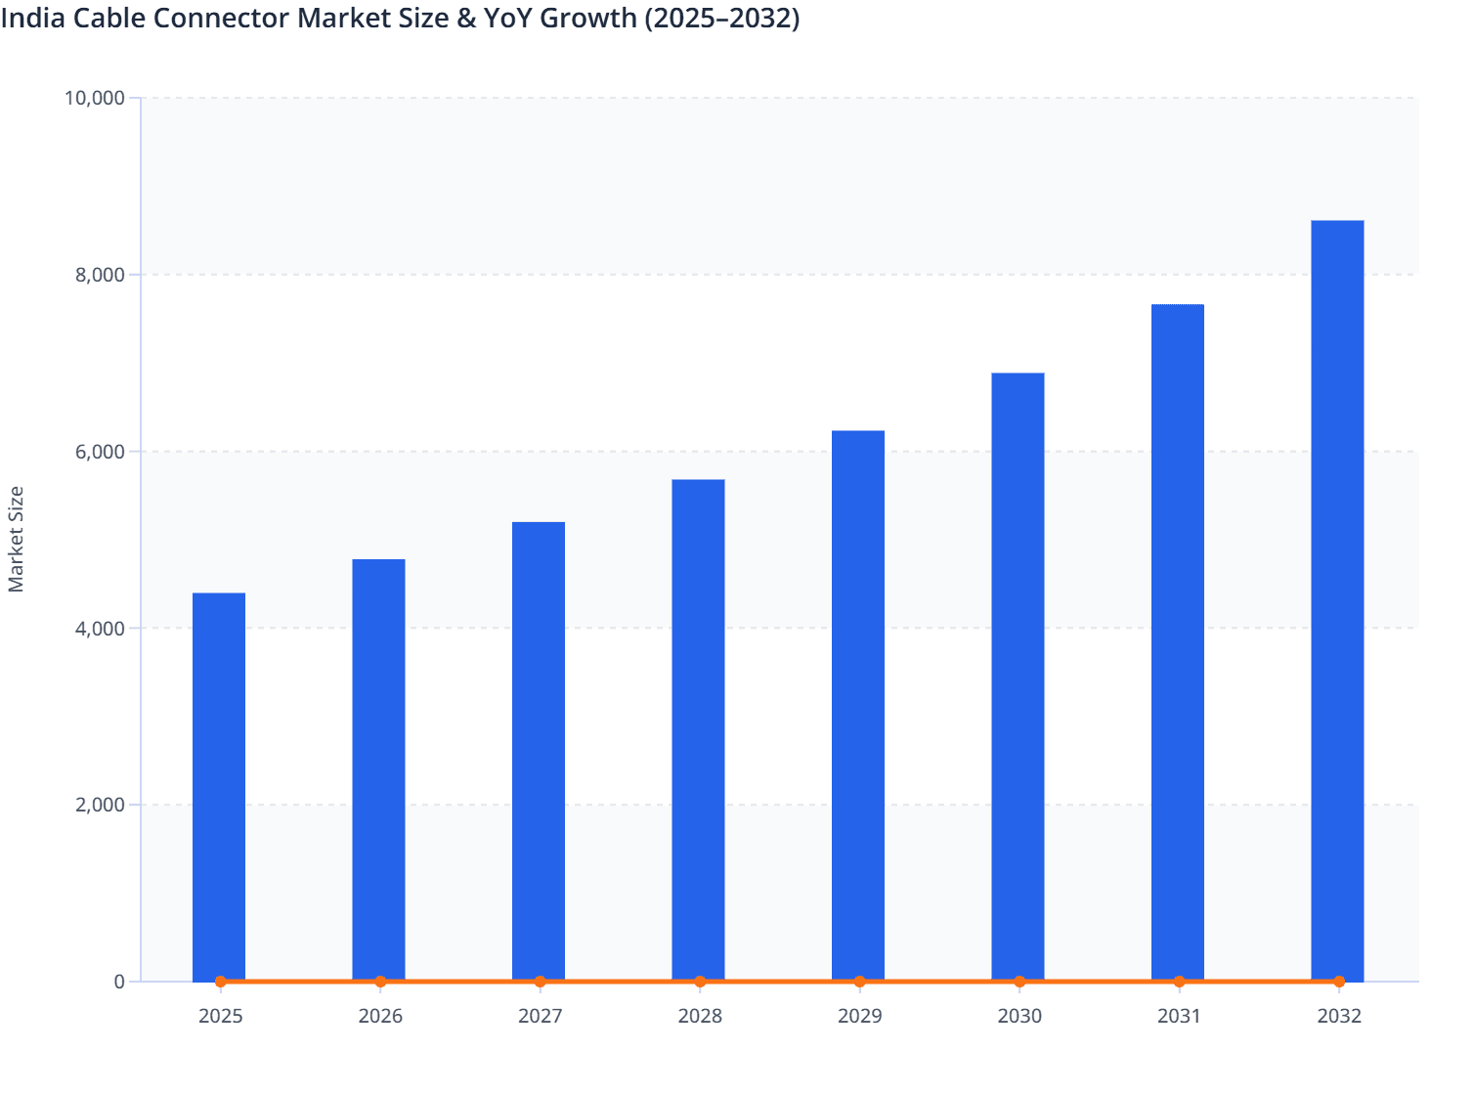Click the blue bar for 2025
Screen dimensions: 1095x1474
click(219, 786)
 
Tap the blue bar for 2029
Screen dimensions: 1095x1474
click(858, 705)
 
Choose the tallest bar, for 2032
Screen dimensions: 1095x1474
click(1337, 600)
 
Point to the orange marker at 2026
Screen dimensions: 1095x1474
click(380, 982)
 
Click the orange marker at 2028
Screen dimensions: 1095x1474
click(700, 982)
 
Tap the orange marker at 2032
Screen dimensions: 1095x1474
click(1339, 982)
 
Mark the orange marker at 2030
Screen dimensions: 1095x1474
click(1019, 982)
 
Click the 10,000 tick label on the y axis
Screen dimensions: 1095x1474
click(94, 98)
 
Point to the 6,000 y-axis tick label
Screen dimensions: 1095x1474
click(99, 452)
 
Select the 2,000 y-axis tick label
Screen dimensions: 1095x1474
click(99, 805)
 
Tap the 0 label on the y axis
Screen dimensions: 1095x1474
click(119, 982)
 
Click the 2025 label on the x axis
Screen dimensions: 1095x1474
click(220, 1016)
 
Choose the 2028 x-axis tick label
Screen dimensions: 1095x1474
click(700, 1016)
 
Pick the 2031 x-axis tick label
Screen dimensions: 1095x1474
click(1179, 1016)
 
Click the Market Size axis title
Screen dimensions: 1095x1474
click(16, 539)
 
